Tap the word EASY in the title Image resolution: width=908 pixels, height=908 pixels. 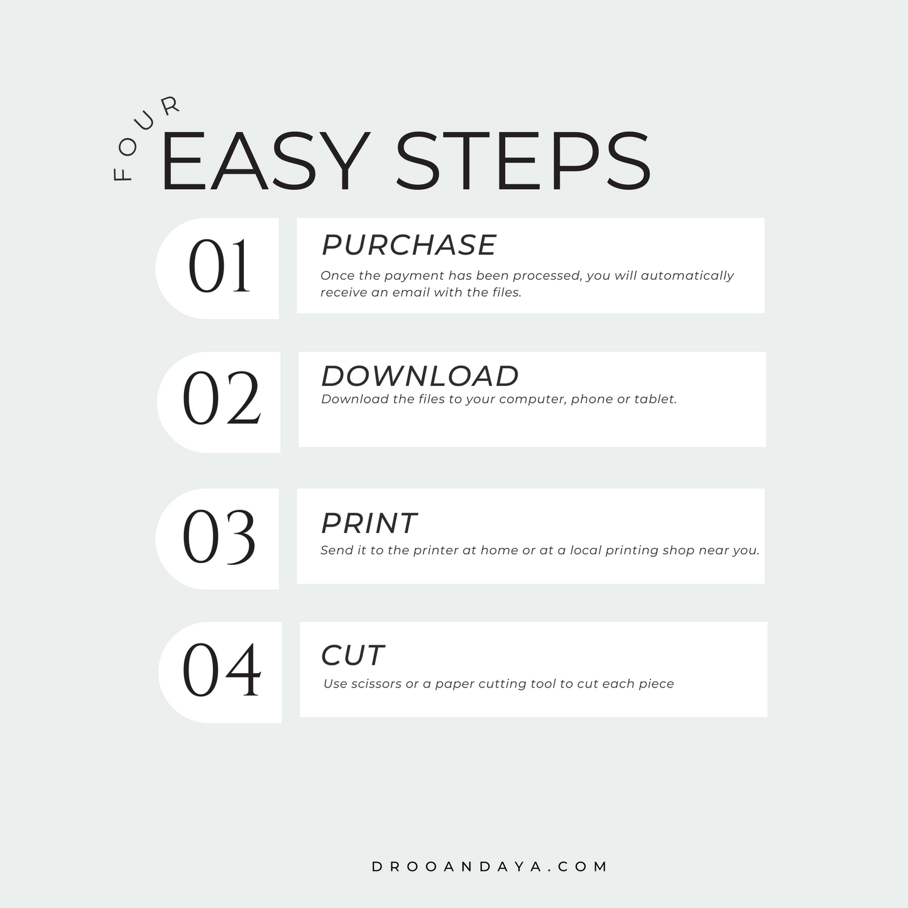(x=265, y=161)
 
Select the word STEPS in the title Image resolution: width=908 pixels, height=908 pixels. (x=523, y=161)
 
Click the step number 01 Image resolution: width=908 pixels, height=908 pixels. (x=219, y=266)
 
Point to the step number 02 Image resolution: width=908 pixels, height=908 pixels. (x=221, y=398)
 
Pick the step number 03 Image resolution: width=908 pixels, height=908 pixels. (x=219, y=537)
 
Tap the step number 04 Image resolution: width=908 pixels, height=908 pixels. (x=221, y=670)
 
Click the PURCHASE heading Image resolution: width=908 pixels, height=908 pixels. (x=408, y=245)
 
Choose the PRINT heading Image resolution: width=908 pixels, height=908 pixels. (x=369, y=523)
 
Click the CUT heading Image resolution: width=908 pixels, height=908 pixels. (x=353, y=655)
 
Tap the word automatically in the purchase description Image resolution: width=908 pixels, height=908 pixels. (x=687, y=276)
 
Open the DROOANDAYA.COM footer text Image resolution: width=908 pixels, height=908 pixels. (x=490, y=867)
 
